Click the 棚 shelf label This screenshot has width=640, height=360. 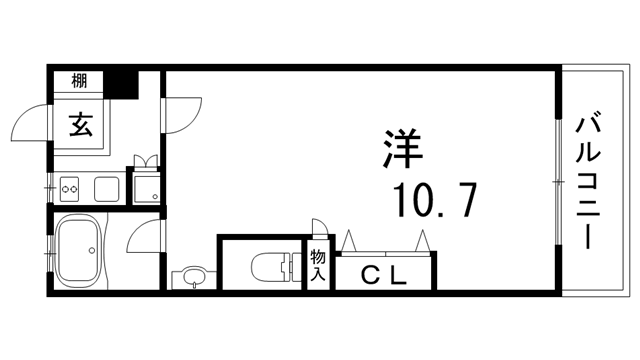(80, 81)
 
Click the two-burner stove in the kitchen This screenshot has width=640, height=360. (70, 185)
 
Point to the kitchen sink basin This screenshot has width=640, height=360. (106, 187)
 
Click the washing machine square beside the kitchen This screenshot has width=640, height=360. (146, 186)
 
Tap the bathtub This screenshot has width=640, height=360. (78, 250)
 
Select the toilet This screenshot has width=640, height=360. (274, 266)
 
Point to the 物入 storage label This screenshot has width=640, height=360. (318, 262)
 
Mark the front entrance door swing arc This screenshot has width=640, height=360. (28, 126)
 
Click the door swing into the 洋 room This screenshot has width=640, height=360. (180, 115)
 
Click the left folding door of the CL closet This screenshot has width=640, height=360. (353, 241)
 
